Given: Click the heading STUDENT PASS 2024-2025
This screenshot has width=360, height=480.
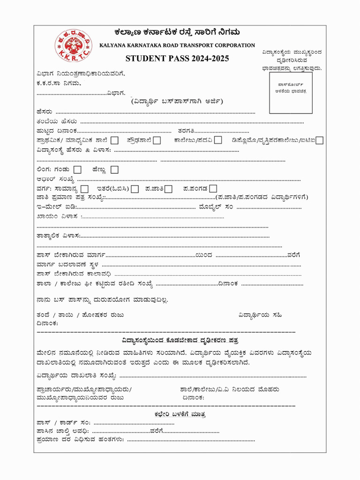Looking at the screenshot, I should pos(177,59).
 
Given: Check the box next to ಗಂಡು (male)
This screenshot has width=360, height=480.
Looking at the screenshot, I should pos(78,170).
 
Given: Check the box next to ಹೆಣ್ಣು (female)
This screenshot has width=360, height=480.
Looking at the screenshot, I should pos(114,170).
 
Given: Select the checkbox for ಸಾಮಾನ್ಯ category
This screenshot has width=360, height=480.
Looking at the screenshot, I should pos(84,189).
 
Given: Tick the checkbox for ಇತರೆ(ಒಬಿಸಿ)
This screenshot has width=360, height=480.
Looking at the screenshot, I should pos(135,189).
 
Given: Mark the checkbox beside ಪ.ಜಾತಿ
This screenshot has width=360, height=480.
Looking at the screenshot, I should pos(168,189).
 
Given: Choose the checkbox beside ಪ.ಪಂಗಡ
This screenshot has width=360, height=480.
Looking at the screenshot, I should pos(213,189).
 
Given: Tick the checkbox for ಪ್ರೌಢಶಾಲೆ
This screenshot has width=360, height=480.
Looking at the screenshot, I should pos(157,140).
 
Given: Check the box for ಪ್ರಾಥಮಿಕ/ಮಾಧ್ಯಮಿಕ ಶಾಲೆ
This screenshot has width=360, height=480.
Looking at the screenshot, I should pos(115,140).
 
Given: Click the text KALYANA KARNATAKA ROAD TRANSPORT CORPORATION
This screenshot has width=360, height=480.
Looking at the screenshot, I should pos(177,45).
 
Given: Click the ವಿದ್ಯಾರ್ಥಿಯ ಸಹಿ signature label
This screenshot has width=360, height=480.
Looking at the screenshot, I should pos(260,315).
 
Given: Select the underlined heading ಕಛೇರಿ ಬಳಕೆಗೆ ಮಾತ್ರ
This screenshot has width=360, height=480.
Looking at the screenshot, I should pos(179,414).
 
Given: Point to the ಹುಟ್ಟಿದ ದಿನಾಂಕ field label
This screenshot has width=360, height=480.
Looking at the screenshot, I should pos(57,131).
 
